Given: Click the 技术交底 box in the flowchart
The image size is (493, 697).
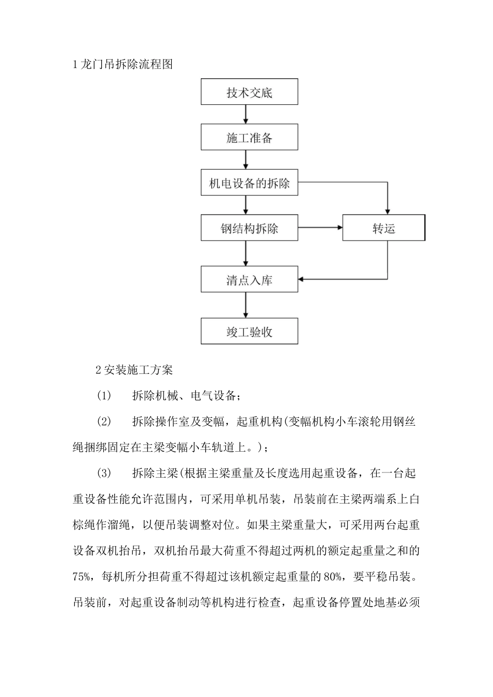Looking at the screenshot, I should pos(249,92).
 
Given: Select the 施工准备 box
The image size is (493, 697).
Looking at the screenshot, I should pos(249,137).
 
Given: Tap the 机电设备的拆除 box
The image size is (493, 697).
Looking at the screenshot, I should pos(249,183).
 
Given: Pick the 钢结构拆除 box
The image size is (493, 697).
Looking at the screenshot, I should pos(249,228).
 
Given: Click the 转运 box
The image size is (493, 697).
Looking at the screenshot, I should pos(384,228).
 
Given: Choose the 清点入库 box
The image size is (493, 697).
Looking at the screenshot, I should pos(249,280).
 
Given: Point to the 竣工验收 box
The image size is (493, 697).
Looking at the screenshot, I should pos(249,332).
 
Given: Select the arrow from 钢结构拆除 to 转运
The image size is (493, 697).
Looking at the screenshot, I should pos(320,228).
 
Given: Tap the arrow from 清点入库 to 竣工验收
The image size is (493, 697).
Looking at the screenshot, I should pos(246,306).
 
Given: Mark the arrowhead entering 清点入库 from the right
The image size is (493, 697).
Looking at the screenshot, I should pos(302,279).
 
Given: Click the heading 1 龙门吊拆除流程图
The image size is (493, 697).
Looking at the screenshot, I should pos(122,64).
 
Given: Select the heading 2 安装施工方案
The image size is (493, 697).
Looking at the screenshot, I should pos(134,370).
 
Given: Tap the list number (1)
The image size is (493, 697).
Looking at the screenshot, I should pos(104,396).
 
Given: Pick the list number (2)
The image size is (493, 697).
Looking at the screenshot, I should pos(104,421).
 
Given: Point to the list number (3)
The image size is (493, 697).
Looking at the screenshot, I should pos(104,473).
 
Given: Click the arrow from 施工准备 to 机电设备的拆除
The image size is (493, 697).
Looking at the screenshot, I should pos(246,160).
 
